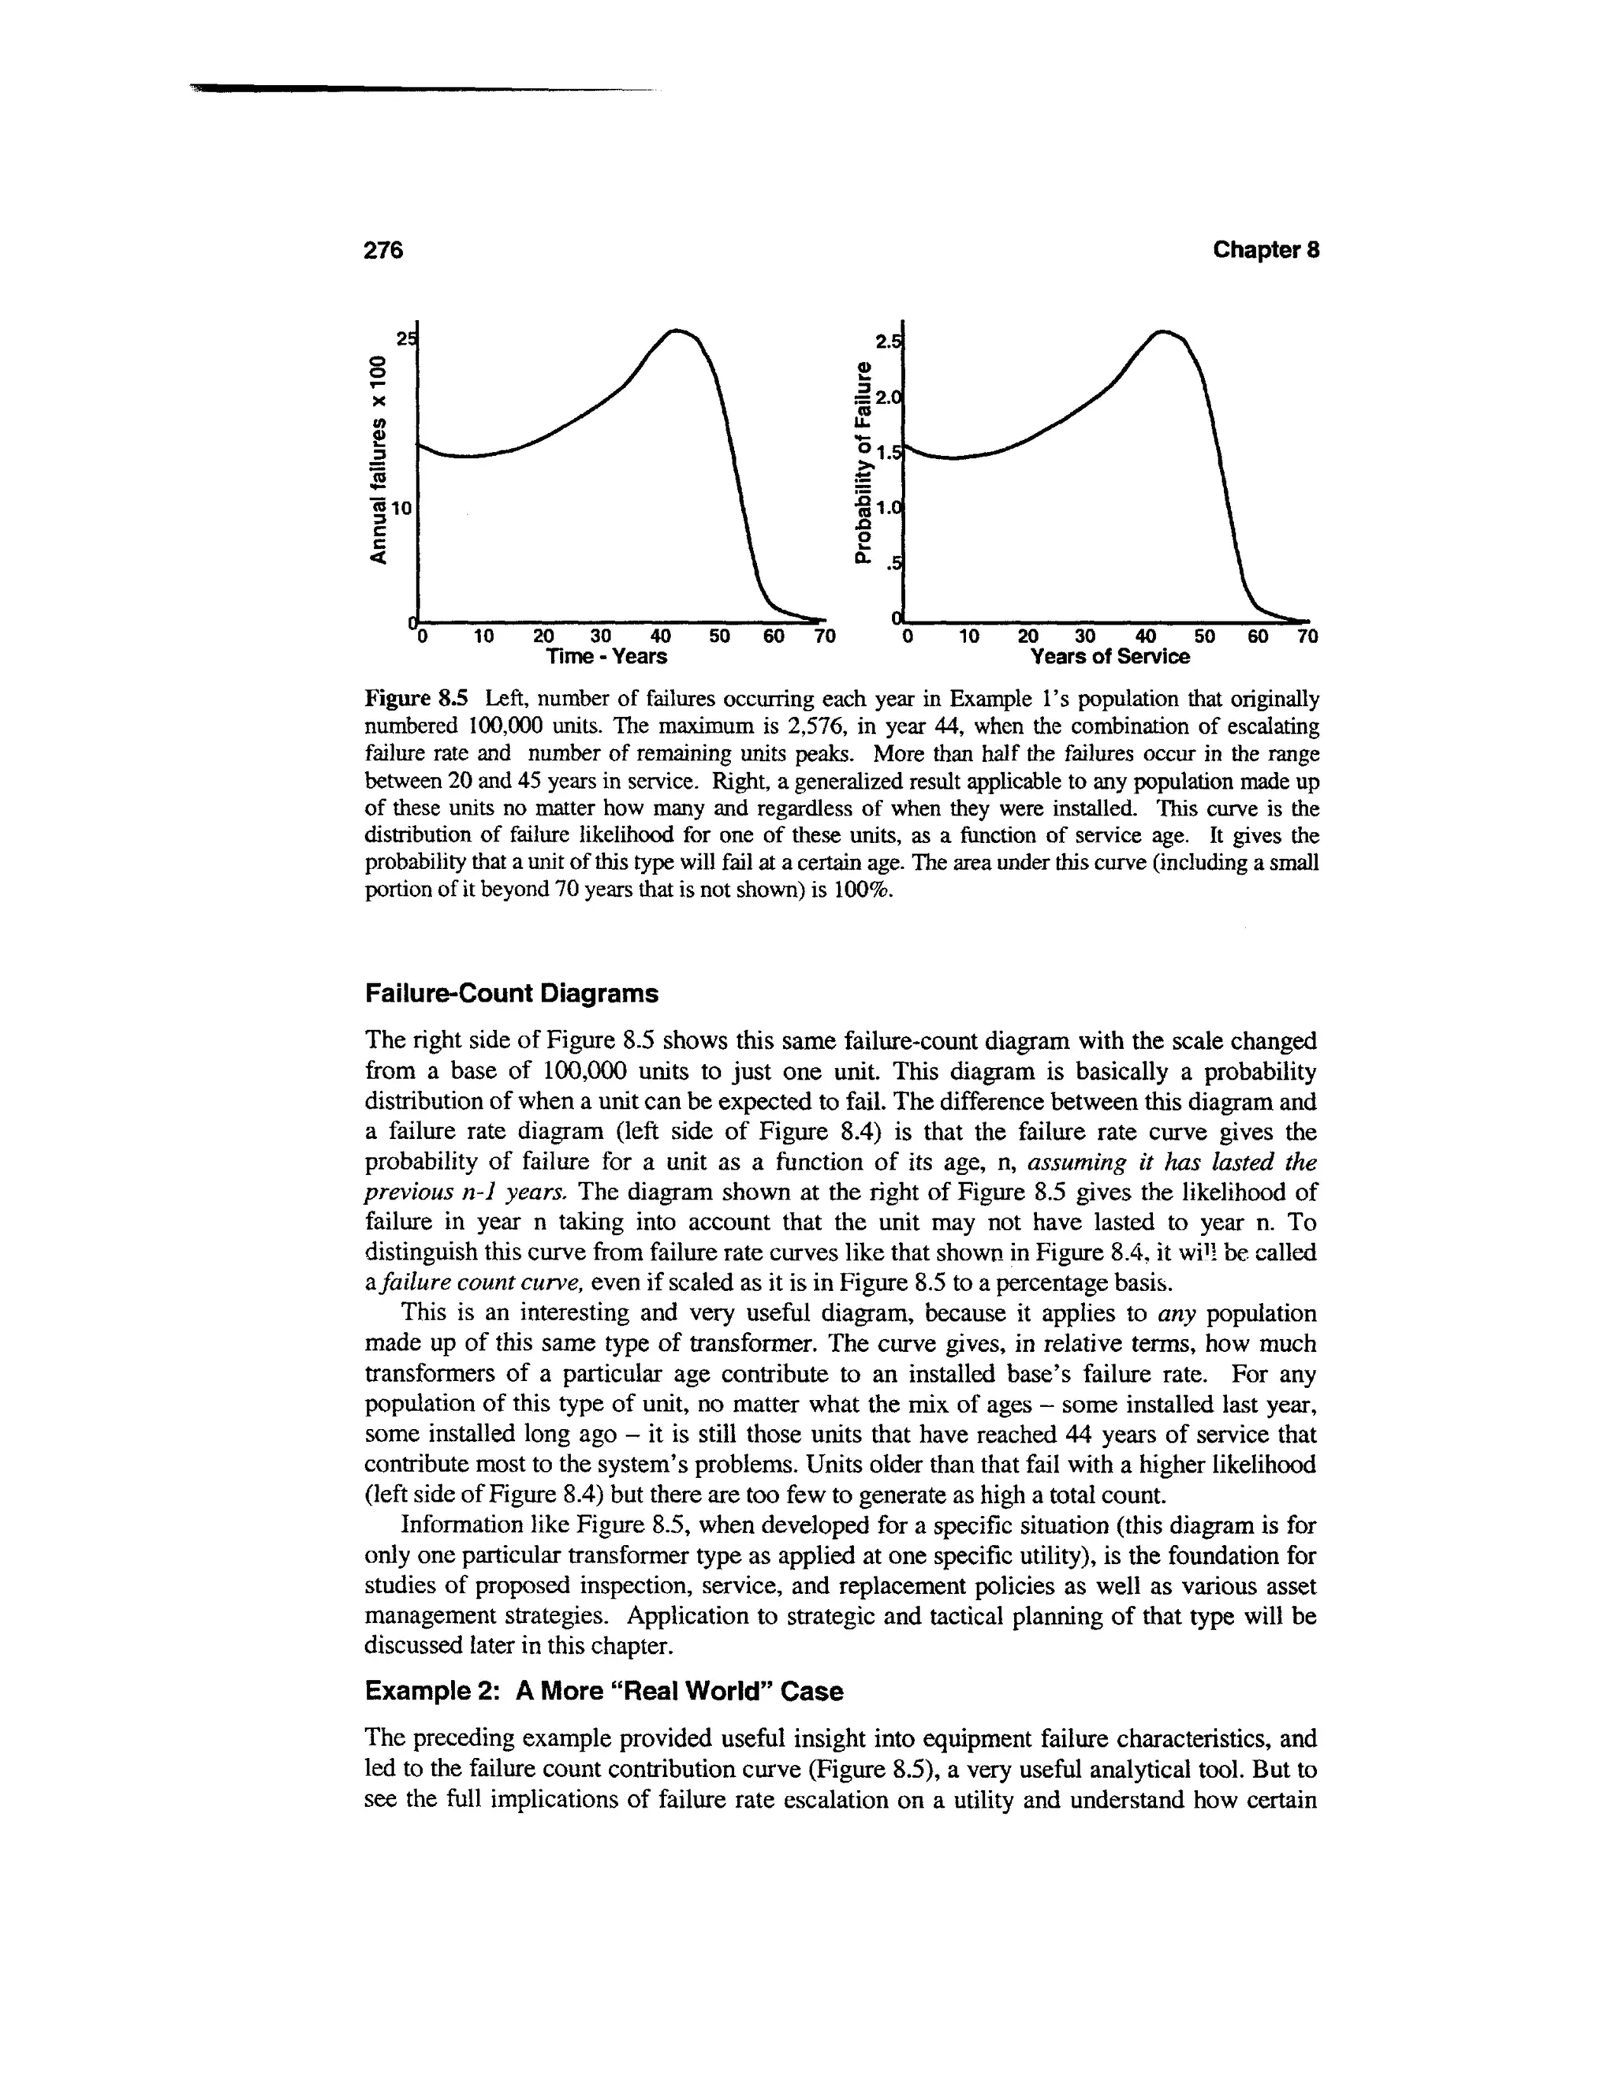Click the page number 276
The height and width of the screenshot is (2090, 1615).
385,251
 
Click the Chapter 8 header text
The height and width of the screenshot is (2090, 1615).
1266,251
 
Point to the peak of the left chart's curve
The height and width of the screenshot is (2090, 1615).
677,331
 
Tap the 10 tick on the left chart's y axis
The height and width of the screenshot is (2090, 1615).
400,509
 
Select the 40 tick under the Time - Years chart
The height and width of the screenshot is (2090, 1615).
660,636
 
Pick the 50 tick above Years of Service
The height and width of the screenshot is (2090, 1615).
1205,636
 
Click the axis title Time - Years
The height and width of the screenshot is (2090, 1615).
606,658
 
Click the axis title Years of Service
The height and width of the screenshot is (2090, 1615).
1109,658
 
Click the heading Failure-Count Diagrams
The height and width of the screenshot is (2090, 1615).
512,995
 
